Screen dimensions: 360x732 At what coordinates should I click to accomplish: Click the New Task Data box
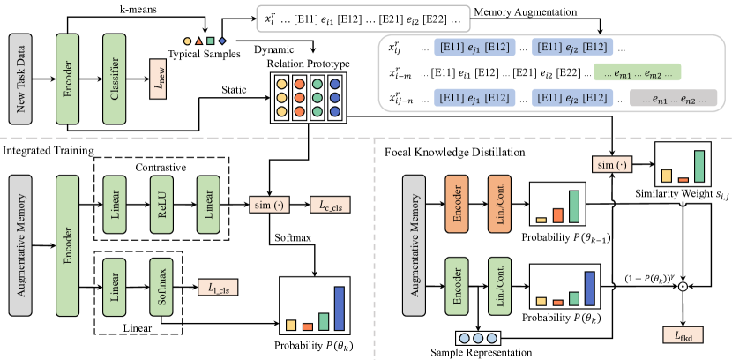tap(21, 68)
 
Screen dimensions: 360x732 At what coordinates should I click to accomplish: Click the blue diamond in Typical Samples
tap(223, 40)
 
